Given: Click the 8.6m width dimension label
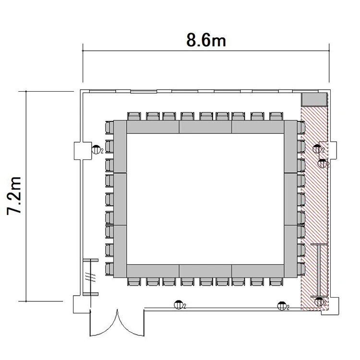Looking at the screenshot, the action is (206, 40).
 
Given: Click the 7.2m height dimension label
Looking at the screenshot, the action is (14, 196).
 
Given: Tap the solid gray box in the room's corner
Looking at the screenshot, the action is (314, 100).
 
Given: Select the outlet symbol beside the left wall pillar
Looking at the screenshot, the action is (96, 150).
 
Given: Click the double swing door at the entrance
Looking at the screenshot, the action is (117, 323).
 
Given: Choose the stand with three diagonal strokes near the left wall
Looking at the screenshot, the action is (90, 277).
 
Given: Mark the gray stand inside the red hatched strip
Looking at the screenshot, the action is (319, 270).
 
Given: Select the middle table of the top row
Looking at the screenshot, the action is (205, 127).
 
